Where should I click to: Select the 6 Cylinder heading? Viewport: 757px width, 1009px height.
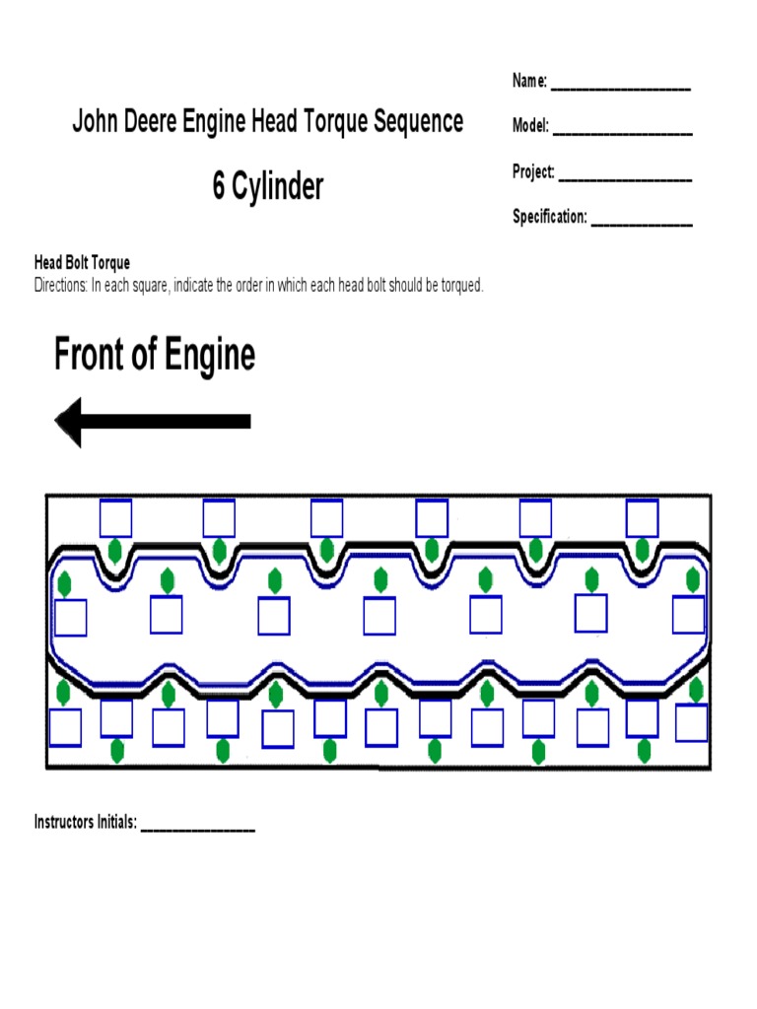coord(267,185)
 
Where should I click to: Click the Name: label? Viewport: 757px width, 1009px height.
coord(529,81)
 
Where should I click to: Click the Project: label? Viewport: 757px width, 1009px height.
coord(533,172)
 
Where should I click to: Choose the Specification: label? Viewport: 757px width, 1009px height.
coord(549,217)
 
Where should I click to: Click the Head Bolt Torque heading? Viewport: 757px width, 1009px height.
coord(82,263)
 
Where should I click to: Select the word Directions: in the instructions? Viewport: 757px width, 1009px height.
coord(61,286)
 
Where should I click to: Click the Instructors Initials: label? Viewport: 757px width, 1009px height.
coord(86,822)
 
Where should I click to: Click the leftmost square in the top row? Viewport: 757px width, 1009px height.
coord(115,518)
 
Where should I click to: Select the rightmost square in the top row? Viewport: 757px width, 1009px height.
coord(642,518)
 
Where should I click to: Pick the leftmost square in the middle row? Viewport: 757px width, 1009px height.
coord(70,618)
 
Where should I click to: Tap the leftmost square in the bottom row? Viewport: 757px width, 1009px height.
coord(64,727)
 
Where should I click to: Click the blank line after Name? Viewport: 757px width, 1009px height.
coord(620,88)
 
